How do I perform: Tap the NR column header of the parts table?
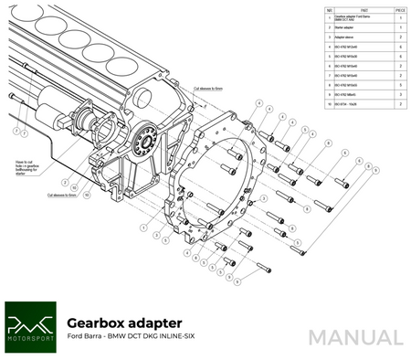click(x=329, y=11)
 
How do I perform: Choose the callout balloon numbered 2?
click(x=15, y=131)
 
